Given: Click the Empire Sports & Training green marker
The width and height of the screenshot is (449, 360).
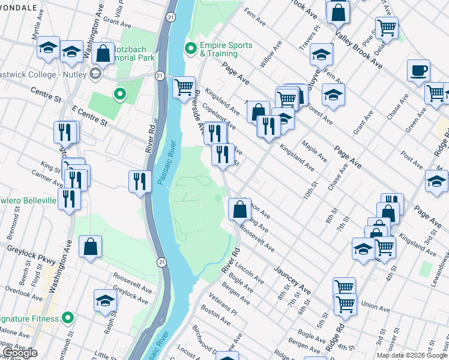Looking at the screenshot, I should click(x=191, y=49).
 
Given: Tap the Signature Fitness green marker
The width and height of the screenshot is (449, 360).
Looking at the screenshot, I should click(x=68, y=317).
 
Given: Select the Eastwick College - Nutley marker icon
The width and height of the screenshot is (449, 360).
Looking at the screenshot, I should click(x=94, y=74).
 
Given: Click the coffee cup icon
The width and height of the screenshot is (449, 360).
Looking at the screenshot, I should click(x=418, y=71).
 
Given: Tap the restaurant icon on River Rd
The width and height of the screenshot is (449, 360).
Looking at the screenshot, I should click(x=140, y=181).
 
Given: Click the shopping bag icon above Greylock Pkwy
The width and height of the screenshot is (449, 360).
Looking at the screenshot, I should click(x=90, y=246).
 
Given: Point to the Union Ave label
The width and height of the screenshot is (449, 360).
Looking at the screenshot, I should click(x=375, y=307).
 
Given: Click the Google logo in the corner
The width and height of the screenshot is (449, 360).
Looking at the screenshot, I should click(x=19, y=353).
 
